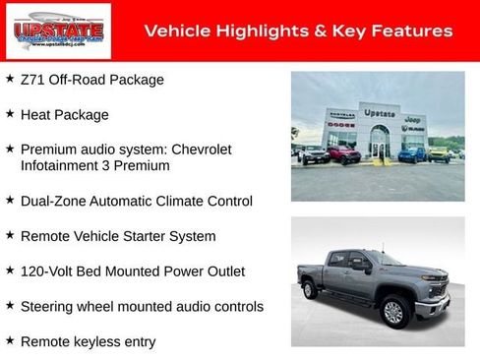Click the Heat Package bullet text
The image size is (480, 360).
tap(65, 115)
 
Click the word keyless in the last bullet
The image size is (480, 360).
tap(104, 341)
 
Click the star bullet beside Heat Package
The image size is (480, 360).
tap(10, 114)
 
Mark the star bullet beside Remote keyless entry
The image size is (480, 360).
tap(10, 340)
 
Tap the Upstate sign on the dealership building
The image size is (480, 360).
tap(379, 113)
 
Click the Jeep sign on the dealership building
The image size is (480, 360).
tap(413, 118)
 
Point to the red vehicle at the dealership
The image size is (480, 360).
tap(343, 154)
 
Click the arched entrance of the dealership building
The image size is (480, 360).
tap(379, 143)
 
